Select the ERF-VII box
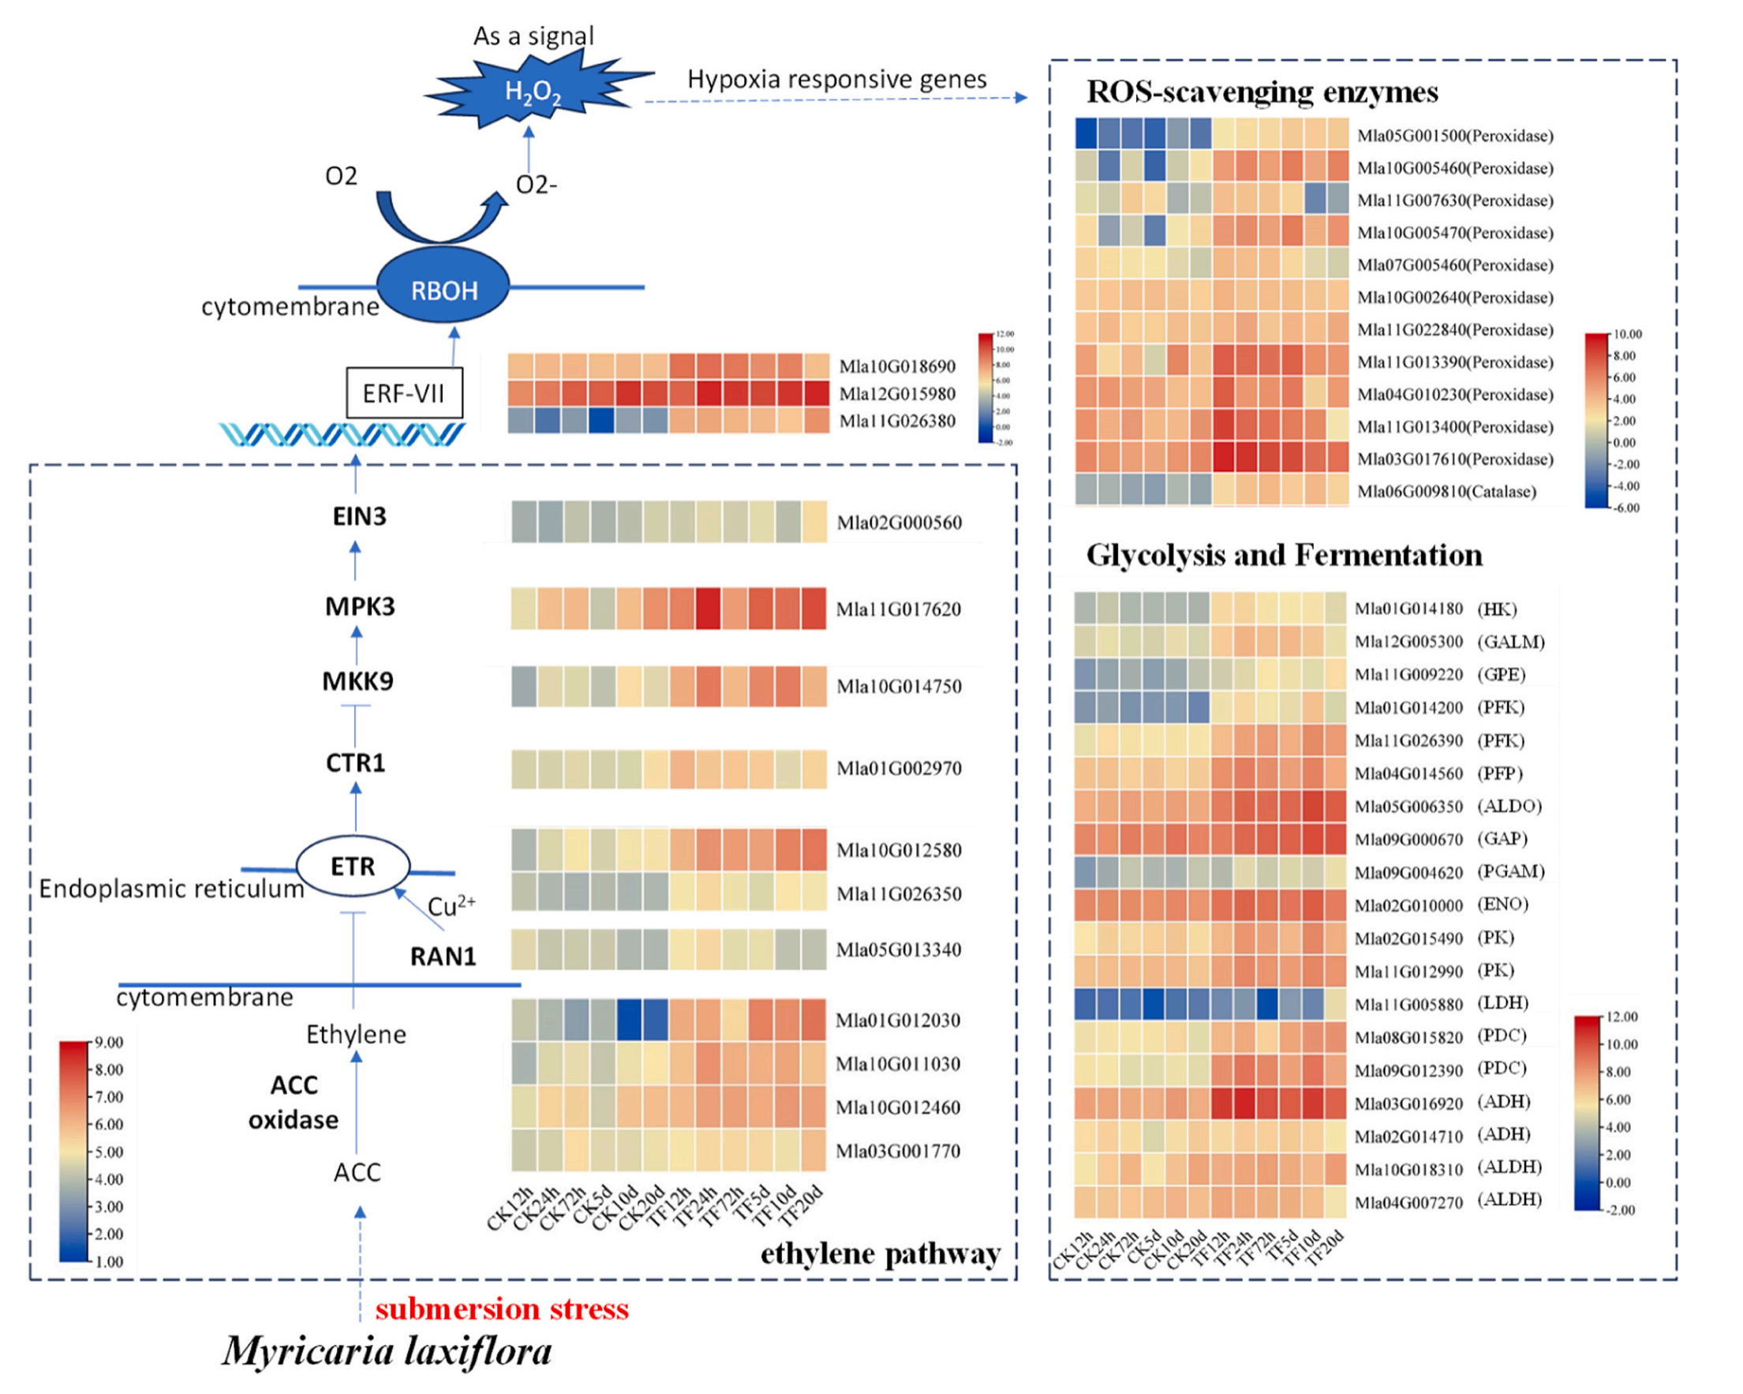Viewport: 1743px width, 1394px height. click(404, 393)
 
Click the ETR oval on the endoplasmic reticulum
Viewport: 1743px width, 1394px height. click(353, 866)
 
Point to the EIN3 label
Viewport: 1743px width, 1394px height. click(359, 516)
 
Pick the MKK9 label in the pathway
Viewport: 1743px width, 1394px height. click(357, 681)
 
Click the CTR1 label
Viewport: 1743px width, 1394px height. click(355, 763)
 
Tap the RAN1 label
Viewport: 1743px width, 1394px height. click(442, 956)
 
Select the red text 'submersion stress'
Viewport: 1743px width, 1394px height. click(501, 1308)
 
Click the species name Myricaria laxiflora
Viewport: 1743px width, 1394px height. click(387, 1351)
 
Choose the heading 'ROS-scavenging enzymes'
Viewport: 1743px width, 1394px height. click(1261, 92)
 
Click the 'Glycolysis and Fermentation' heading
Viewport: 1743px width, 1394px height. click(1284, 555)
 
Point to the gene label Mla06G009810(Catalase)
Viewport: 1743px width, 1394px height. click(1446, 492)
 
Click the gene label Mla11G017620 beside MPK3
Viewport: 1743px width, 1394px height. click(898, 609)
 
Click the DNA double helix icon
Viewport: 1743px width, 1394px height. click(342, 435)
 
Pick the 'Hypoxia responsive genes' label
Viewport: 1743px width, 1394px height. click(836, 79)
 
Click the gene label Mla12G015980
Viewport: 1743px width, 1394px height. click(896, 394)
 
